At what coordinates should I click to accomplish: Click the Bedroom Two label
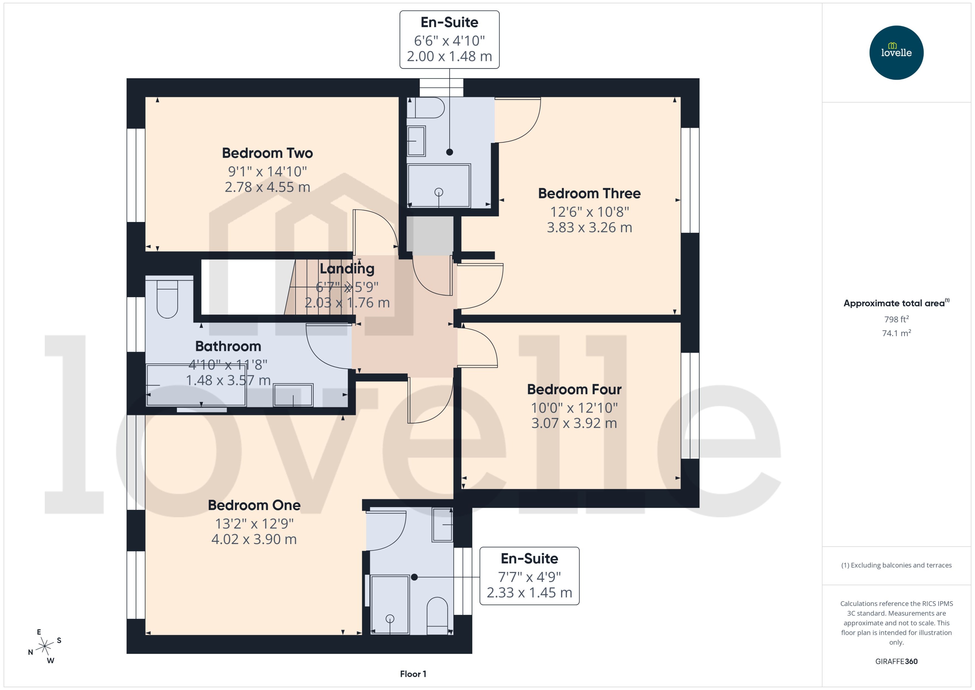click(267, 153)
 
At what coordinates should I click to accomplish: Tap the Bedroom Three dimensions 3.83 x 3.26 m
click(589, 227)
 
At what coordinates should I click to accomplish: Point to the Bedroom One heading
click(254, 505)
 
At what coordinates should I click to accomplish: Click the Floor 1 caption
click(413, 674)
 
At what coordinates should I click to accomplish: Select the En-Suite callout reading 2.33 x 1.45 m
click(529, 576)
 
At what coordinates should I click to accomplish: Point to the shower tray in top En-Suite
click(438, 186)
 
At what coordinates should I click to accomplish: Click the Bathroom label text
click(228, 346)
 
